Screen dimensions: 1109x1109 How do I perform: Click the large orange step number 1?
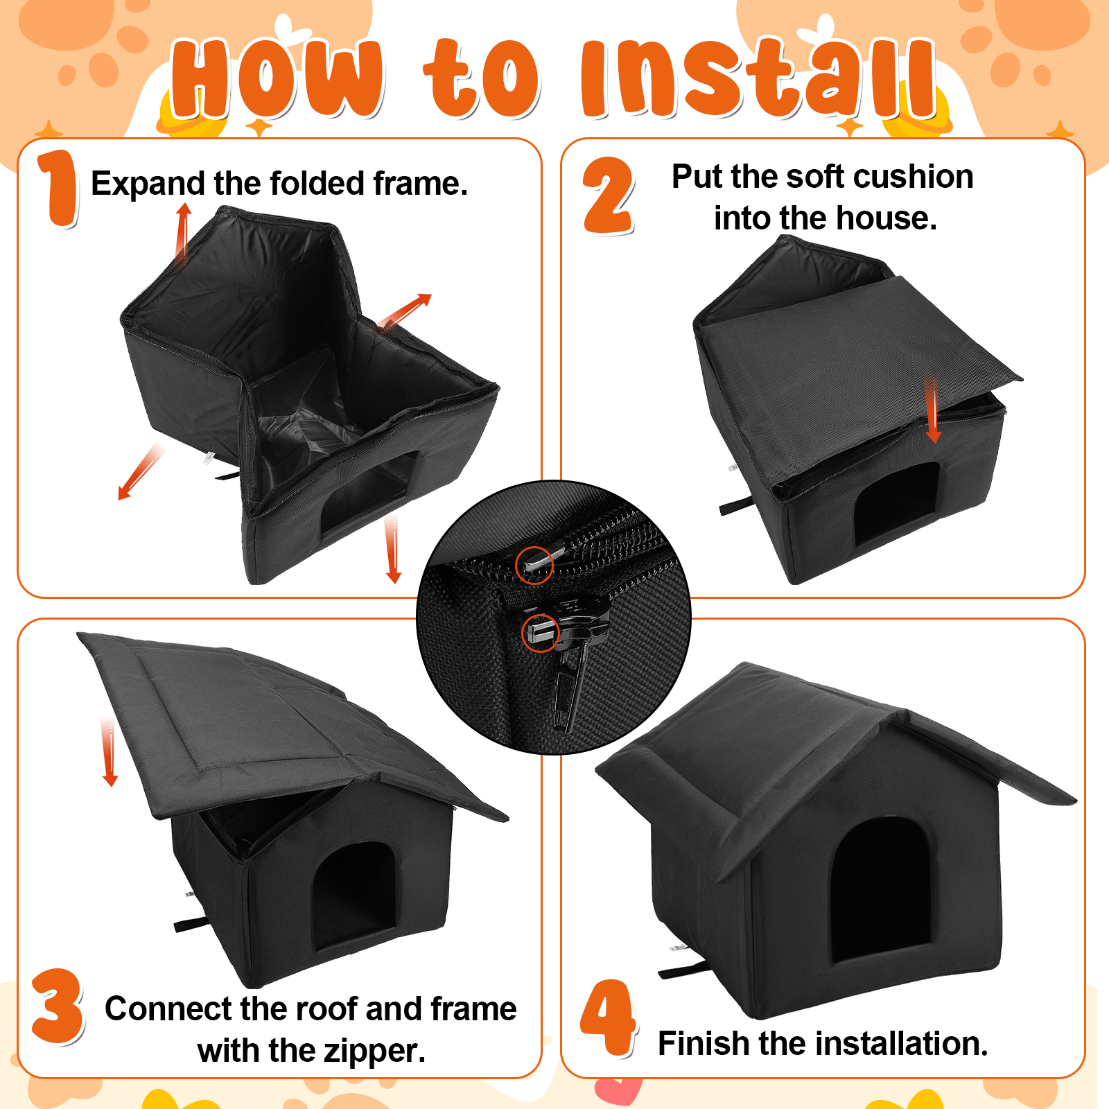58,189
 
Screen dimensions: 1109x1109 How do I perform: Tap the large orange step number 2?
609,195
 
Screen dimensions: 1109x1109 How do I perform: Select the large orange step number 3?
58,1006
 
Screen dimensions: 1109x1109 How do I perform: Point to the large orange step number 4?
608,1017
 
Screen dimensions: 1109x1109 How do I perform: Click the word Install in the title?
759,78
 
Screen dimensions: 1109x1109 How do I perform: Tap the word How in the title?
277,78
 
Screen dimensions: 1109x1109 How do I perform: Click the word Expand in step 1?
148,184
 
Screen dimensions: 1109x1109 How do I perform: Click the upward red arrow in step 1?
183,232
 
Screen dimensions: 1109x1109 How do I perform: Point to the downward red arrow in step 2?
932,410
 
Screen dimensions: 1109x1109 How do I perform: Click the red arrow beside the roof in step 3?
109,752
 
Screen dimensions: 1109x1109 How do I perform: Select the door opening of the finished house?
880,891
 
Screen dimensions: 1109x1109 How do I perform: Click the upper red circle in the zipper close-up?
534,565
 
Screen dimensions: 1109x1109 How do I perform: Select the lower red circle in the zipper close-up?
540,633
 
